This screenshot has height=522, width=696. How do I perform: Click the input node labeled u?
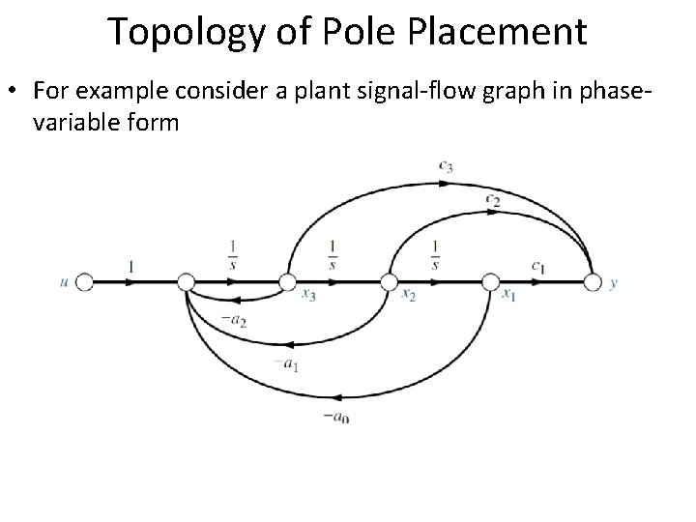84,282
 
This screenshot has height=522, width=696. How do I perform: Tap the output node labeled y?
593,282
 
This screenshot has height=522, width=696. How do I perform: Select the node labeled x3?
287,282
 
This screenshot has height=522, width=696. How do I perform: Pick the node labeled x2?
389,282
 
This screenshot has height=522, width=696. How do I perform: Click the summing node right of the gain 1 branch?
187,282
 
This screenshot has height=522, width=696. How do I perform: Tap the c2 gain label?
494,200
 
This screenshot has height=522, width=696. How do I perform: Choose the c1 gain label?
537,265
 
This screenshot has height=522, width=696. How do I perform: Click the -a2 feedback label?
233,320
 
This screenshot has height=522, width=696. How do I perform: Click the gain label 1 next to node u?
130,265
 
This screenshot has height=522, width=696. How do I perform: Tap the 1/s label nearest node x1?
436,255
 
